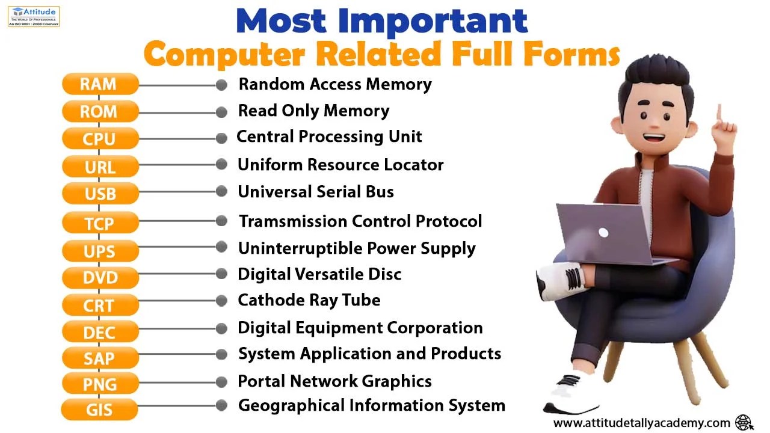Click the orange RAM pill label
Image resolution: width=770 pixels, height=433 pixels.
click(x=100, y=84)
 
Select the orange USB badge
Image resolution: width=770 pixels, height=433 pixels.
click(x=100, y=194)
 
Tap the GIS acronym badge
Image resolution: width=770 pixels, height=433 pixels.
click(x=99, y=411)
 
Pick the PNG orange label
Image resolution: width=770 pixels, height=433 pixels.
click(x=100, y=384)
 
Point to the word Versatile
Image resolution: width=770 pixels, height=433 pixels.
click(x=334, y=274)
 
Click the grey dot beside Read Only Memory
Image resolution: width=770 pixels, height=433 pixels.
click(x=221, y=112)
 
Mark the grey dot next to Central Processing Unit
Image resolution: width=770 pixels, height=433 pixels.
click(x=221, y=138)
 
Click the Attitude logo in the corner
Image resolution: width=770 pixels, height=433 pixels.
click(x=34, y=16)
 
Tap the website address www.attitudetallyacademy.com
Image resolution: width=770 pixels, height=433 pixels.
click(x=641, y=423)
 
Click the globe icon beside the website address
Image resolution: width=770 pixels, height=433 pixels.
click(x=744, y=422)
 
